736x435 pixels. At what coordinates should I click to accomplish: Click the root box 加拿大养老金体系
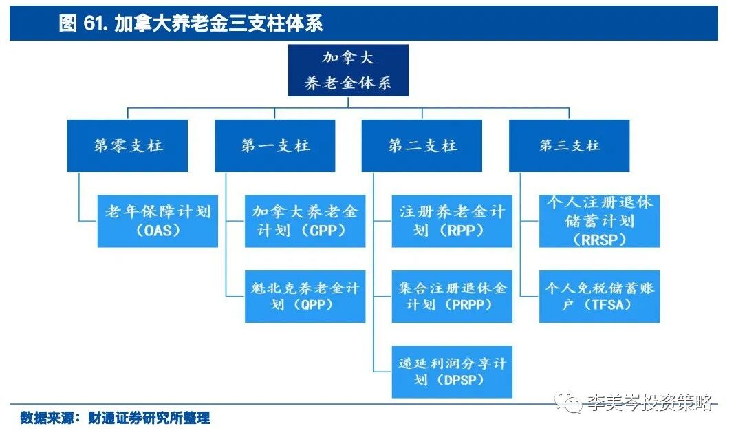(x=348, y=70)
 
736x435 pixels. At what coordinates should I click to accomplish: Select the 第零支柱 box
(x=127, y=146)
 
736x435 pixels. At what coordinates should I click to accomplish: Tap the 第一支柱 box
(x=274, y=146)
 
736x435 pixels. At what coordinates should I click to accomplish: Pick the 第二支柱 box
(x=422, y=146)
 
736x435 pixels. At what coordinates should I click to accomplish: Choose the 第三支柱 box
(x=569, y=146)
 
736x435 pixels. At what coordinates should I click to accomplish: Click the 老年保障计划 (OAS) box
(x=158, y=221)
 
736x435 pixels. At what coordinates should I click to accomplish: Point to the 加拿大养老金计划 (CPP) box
(x=305, y=221)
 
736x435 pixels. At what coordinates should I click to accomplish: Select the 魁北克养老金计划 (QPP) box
(x=305, y=296)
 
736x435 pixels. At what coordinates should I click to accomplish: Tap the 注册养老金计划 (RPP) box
(x=452, y=221)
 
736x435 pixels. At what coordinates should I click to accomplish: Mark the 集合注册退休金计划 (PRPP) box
(x=452, y=296)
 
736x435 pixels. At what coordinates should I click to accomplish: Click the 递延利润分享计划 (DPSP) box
(x=452, y=372)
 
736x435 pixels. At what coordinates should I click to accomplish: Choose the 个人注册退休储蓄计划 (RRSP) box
(x=599, y=221)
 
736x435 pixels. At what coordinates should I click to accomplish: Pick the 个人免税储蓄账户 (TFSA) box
(x=599, y=296)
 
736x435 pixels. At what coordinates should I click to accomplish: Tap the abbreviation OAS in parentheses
(x=158, y=231)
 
